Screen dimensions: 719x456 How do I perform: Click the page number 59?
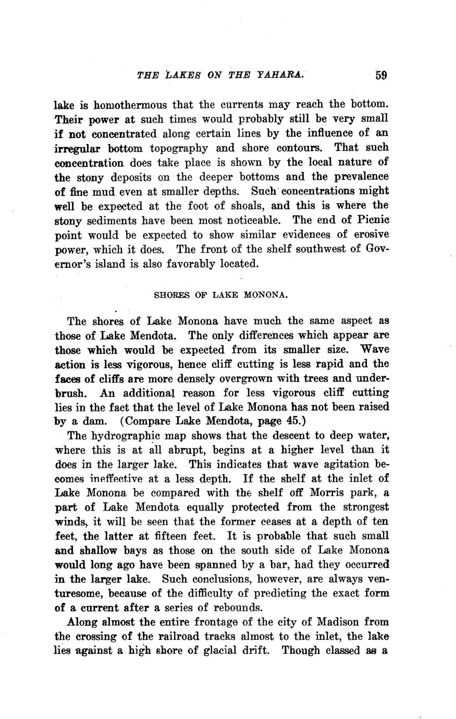pos(380,75)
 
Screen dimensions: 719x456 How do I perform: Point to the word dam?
pos(89,421)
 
